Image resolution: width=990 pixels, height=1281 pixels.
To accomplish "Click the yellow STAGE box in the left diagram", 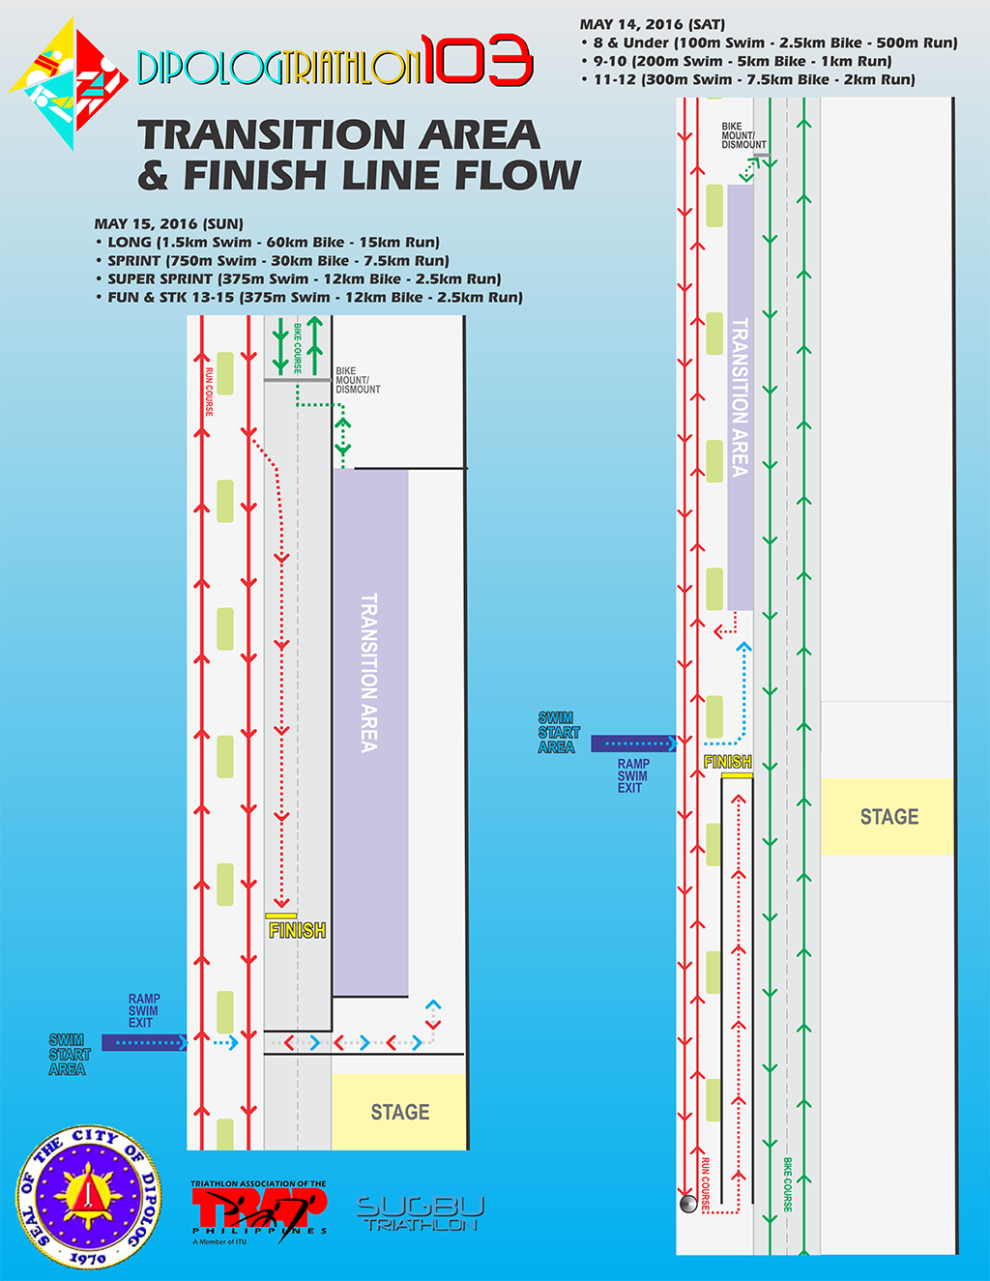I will coord(399,1112).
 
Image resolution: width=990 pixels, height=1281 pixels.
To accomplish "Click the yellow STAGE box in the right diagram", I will coord(888,817).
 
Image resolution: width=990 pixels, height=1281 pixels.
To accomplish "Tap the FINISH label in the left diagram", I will coord(297,930).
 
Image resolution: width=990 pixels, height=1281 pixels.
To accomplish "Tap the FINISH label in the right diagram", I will coord(728,763).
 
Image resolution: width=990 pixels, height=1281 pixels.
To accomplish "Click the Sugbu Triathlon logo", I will coord(421,1213).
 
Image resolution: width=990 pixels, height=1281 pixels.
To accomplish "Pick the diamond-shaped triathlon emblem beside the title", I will coord(69,84).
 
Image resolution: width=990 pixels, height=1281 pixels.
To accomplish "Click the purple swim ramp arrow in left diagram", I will coord(144,1042).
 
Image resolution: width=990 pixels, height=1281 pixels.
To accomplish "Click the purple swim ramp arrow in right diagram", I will coord(633,743).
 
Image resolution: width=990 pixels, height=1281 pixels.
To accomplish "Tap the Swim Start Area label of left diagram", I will coord(69,1055).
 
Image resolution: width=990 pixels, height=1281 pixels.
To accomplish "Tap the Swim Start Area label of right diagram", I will coord(558,733).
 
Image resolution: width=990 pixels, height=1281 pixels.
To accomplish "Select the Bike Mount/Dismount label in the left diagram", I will coord(358,380).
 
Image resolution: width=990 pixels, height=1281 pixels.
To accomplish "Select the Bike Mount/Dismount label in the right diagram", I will coord(743,135).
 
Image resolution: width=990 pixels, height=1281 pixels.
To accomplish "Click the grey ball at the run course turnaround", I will coord(688,1204).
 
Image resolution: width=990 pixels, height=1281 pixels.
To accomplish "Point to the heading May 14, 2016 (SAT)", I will coord(653,24).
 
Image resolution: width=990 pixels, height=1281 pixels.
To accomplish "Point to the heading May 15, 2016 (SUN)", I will coord(168,223).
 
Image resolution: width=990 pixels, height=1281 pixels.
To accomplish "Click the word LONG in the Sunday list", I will coord(130,243).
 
